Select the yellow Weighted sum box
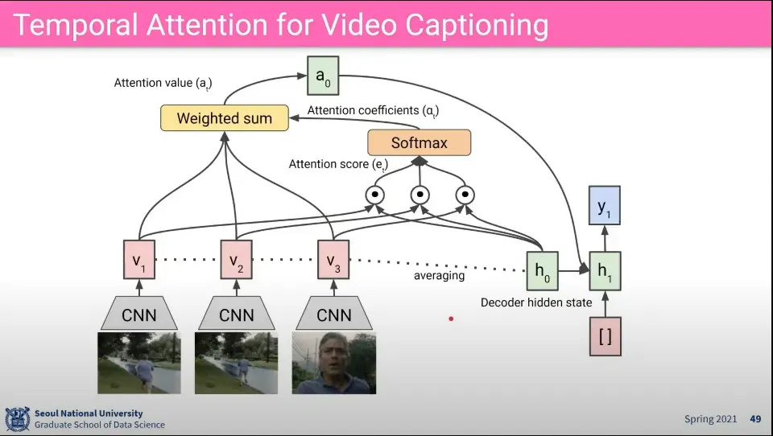point(224,118)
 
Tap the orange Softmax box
point(419,143)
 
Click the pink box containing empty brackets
point(606,335)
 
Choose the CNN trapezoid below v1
point(138,315)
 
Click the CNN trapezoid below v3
point(333,315)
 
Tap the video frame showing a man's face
point(333,364)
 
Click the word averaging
point(439,276)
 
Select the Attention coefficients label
point(373,110)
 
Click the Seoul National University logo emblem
point(17,419)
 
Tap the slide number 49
point(755,419)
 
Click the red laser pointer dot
point(451,319)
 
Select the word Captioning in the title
point(476,25)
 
